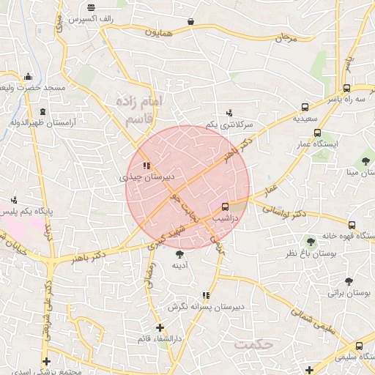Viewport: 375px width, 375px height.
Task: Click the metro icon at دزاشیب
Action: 225,207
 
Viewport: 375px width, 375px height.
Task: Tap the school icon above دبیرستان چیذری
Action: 146,166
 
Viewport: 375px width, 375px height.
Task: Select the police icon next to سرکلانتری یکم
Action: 229,113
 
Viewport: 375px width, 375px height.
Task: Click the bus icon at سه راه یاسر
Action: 346,87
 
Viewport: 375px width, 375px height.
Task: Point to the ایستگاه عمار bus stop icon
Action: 317,133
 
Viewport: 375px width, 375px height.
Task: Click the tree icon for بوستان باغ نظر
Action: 311,241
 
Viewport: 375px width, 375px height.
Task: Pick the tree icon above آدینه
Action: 180,253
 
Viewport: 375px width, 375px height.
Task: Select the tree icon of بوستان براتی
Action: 348,281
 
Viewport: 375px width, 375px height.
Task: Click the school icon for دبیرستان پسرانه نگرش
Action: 206,295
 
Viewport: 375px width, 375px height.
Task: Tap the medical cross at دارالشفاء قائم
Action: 160,327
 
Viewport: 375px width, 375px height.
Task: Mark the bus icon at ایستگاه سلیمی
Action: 359,346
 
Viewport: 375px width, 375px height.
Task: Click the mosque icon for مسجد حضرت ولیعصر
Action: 28,75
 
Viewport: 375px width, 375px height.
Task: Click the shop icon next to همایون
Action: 191,22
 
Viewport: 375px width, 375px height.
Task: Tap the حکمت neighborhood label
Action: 253,343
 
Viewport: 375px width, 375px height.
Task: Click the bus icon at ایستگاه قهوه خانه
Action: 352,225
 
